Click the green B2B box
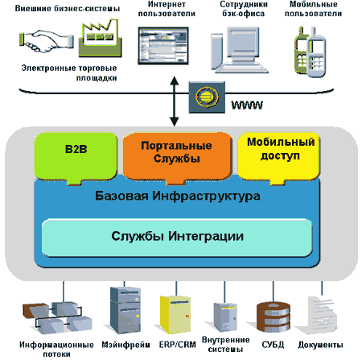[76, 157]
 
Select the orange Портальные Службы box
[177, 157]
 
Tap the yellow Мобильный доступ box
[279, 157]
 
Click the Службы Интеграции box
[177, 237]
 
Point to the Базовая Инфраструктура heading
[178, 196]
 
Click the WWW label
[247, 105]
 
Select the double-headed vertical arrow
[175, 101]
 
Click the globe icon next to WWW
[207, 97]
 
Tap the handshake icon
[47, 40]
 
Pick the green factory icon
[100, 39]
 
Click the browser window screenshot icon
[163, 46]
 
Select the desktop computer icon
[240, 50]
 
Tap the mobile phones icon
[310, 52]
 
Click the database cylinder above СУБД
[274, 317]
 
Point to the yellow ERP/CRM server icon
[175, 314]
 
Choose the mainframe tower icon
[125, 310]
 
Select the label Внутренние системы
[225, 345]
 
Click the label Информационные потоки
[56, 350]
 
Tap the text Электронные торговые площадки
[69, 72]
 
